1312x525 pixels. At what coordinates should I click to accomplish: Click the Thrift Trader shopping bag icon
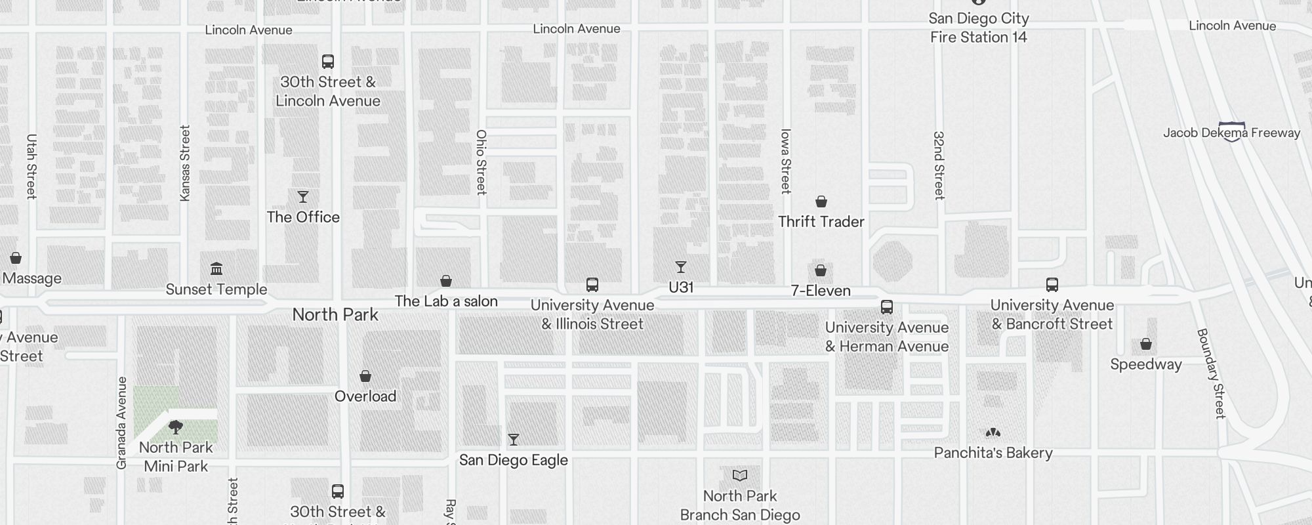(x=821, y=201)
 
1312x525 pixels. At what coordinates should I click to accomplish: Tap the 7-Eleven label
(x=821, y=291)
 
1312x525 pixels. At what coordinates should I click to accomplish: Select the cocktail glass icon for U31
(x=681, y=267)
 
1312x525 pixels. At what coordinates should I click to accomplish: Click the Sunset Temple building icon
(x=216, y=269)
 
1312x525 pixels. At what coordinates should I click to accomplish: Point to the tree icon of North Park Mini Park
(x=176, y=428)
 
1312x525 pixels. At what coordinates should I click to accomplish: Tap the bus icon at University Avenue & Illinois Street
(x=592, y=285)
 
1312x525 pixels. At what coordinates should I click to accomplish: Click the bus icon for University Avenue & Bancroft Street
(x=1052, y=285)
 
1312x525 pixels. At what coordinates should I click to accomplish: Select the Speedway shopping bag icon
(x=1146, y=344)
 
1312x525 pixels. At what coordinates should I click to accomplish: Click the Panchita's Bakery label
(x=993, y=453)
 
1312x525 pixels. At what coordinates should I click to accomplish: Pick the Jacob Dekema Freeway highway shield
(x=1231, y=131)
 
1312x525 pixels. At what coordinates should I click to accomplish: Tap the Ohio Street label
(x=482, y=162)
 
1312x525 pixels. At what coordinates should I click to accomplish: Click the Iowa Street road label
(x=786, y=161)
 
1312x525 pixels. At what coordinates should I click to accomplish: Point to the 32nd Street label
(x=939, y=165)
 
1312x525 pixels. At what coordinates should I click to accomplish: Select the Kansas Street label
(x=185, y=163)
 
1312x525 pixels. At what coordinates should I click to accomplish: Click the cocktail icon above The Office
(x=303, y=197)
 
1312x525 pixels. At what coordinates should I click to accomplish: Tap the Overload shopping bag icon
(x=365, y=376)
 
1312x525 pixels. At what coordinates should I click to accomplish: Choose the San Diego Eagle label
(x=513, y=460)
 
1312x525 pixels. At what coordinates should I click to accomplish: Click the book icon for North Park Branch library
(x=740, y=475)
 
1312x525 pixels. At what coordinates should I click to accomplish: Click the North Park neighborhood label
(x=335, y=315)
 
